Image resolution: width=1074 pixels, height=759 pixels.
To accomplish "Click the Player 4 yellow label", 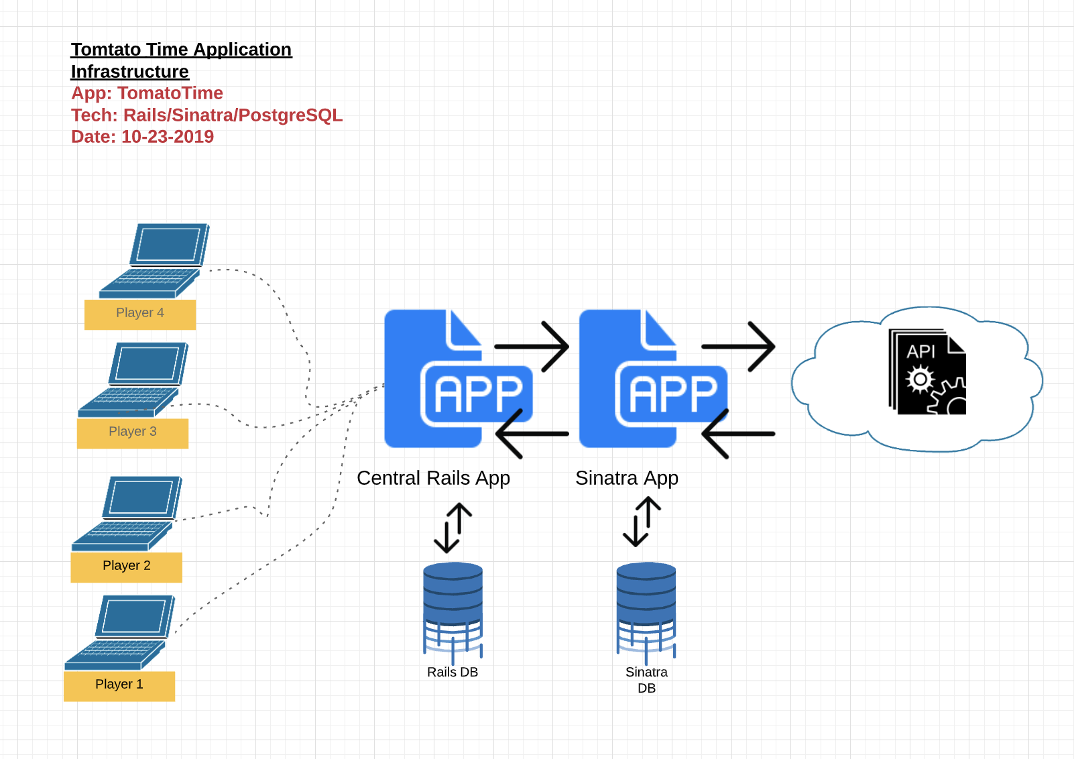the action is pos(140,314).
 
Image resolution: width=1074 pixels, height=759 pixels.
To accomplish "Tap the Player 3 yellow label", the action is pos(133,433).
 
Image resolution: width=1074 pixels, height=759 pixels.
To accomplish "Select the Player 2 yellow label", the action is pos(127,567).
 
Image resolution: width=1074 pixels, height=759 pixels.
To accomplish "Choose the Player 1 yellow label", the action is pos(119,686).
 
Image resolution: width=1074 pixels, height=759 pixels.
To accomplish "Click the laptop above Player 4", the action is pos(154,260).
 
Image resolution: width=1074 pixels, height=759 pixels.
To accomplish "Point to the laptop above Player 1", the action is pos(120,632).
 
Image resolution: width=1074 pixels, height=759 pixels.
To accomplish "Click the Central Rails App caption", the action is pos(434,478).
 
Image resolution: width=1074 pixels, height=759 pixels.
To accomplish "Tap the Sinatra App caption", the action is pos(627,478).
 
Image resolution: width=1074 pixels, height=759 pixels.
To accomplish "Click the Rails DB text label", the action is pos(453,673).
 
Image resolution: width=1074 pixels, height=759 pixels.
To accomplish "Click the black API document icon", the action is pos(927,371).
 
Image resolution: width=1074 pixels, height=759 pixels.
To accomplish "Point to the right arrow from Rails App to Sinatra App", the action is pos(532,346).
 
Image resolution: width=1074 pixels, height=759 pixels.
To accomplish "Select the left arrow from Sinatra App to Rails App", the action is pos(532,434).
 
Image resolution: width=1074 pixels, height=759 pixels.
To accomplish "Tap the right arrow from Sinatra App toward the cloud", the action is pos(738,346).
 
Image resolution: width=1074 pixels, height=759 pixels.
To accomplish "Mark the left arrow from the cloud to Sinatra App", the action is pos(738,434).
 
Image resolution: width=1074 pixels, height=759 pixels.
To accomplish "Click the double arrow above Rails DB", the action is pos(453,528).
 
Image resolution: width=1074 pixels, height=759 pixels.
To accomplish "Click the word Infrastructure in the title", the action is pos(130,72).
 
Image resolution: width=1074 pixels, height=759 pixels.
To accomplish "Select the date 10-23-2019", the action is pos(168,137).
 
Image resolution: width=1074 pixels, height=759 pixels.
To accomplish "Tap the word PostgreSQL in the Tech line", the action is pos(290,115).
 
